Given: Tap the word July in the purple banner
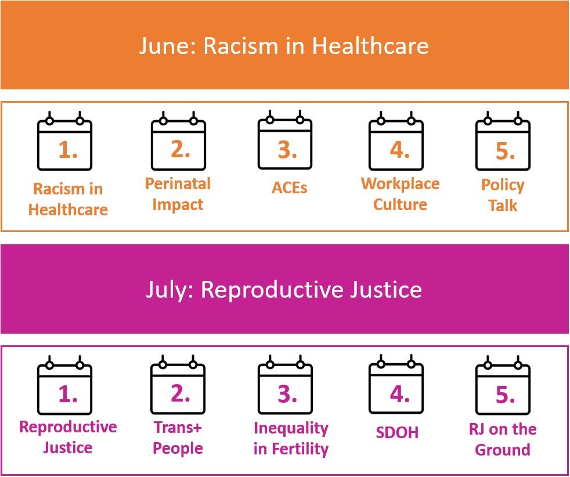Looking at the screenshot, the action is (x=170, y=290).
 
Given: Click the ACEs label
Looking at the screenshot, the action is (x=290, y=188).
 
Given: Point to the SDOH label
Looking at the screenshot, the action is (x=397, y=432).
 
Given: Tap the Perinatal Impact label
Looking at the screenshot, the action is (x=178, y=194).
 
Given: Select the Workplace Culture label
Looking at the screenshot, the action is (x=401, y=194).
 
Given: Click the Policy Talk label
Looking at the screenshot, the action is (x=503, y=195).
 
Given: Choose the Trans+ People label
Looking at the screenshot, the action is (x=178, y=438).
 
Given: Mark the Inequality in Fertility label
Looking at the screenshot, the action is (x=291, y=439).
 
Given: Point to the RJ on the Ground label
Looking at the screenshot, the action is (x=503, y=439).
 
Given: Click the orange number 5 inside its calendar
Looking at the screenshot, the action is (x=506, y=151).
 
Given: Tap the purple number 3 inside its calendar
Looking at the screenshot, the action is (x=287, y=394).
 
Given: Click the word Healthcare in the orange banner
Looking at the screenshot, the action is (x=370, y=46).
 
